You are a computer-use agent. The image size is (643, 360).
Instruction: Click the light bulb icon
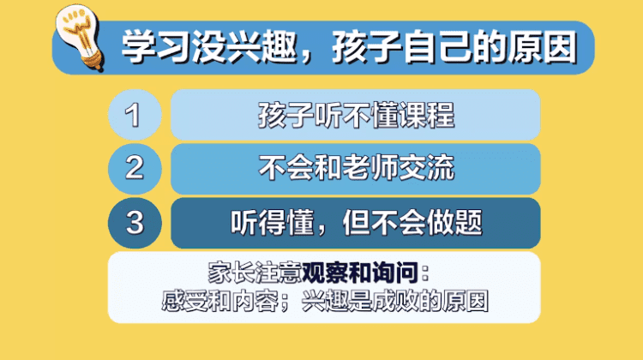[x=80, y=38]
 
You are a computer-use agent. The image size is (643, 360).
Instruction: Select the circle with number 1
[x=135, y=115]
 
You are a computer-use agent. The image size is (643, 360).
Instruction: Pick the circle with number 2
[x=135, y=169]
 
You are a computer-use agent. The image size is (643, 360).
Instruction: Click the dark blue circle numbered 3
[x=135, y=223]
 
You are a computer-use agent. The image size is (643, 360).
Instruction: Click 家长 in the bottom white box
[x=231, y=273]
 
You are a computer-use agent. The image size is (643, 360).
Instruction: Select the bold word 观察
[x=325, y=273]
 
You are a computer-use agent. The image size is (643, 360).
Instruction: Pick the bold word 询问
[x=395, y=273]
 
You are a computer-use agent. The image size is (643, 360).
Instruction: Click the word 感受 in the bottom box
[x=185, y=301]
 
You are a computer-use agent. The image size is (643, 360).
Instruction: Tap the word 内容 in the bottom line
[x=255, y=301]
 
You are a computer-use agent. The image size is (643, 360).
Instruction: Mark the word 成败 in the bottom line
[x=395, y=301]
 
